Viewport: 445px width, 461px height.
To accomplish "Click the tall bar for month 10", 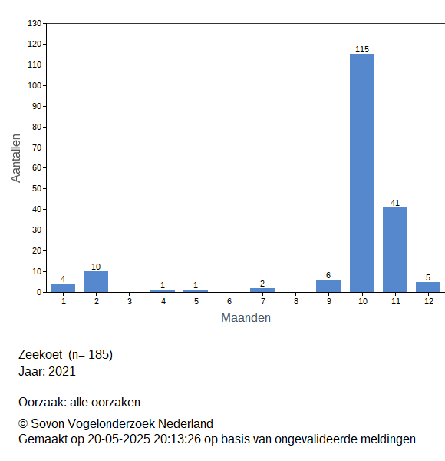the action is [x=362, y=173].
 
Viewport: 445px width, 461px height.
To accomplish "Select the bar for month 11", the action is [x=395, y=250].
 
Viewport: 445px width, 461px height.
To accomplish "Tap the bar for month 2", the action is [x=96, y=282].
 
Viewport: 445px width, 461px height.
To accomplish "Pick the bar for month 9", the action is [x=328, y=286].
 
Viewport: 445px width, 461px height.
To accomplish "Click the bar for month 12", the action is [x=428, y=287].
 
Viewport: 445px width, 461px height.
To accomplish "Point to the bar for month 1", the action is [x=63, y=288].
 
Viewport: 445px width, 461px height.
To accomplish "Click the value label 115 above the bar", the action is [x=362, y=49].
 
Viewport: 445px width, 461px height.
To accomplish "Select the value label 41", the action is [x=395, y=203].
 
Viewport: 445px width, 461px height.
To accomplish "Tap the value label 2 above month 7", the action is [x=262, y=284].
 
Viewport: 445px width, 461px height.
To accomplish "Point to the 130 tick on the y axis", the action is [x=35, y=23].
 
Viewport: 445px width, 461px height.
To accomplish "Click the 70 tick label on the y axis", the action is [x=37, y=148].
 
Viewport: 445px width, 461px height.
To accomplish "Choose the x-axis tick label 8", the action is [x=296, y=301].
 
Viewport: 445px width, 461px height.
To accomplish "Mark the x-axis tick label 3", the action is [x=130, y=301].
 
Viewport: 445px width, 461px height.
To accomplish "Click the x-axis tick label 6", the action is [x=229, y=301].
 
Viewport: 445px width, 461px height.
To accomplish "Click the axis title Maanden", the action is [x=246, y=317].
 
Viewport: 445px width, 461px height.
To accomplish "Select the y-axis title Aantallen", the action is [x=15, y=158].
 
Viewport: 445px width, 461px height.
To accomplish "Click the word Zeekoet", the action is [x=41, y=354].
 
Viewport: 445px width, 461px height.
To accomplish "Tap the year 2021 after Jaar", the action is [x=61, y=371].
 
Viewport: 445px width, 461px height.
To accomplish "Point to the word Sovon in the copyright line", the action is [x=48, y=423].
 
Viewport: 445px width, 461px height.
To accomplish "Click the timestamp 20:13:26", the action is [x=177, y=439].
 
